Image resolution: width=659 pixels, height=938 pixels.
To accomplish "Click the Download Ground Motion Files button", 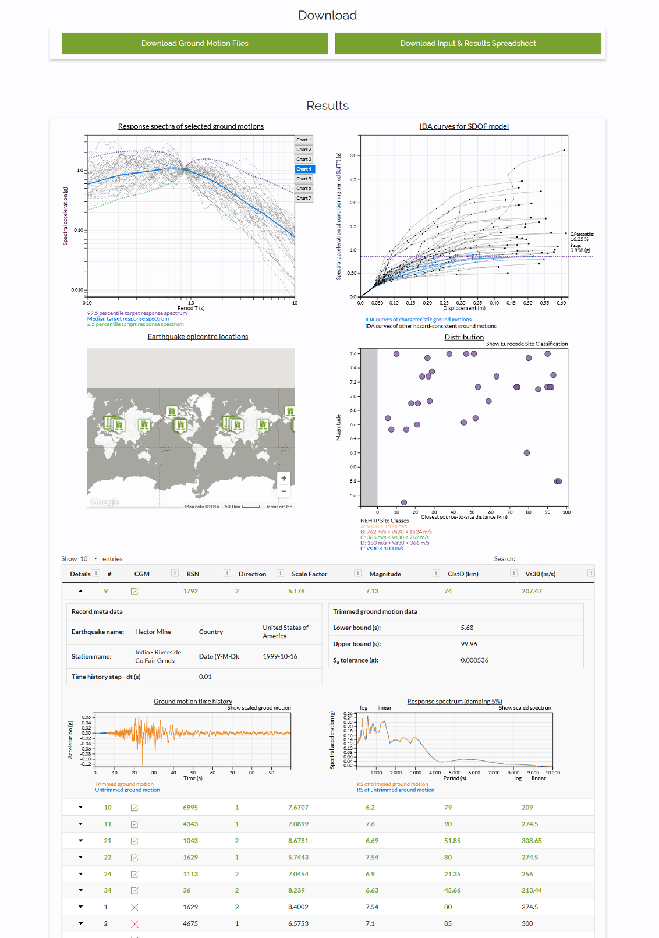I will click(x=194, y=43).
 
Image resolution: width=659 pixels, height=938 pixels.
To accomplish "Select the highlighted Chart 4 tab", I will click(x=304, y=169).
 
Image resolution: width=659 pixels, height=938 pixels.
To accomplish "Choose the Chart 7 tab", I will click(x=304, y=198).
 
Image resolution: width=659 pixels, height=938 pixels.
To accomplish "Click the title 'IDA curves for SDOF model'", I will click(x=464, y=126).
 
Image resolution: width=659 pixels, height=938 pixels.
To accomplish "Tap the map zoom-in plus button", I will click(x=284, y=478).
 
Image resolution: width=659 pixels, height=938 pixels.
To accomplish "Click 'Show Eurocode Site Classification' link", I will click(x=526, y=344).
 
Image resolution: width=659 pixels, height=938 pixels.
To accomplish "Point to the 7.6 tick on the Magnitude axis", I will click(x=353, y=353).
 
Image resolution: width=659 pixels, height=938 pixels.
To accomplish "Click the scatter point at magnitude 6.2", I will click(x=527, y=453).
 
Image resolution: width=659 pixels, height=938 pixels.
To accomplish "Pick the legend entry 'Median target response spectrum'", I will click(x=128, y=319).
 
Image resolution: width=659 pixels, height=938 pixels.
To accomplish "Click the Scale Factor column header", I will click(x=309, y=574).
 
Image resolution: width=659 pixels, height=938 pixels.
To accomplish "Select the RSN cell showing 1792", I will click(x=190, y=591).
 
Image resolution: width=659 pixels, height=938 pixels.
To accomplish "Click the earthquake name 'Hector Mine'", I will click(x=153, y=632).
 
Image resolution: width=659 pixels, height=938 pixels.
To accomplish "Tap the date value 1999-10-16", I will click(x=280, y=656).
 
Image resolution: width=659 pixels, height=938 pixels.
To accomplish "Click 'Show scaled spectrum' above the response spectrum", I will click(x=525, y=708).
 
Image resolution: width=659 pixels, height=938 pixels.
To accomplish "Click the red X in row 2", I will click(x=134, y=924).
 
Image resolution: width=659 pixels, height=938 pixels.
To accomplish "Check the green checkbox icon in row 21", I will click(x=134, y=841).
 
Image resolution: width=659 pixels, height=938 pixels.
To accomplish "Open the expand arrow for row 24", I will click(x=80, y=874).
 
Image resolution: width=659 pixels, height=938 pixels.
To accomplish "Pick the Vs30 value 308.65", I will click(x=532, y=841).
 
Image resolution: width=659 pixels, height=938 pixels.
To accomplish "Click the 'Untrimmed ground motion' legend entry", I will click(x=127, y=790).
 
